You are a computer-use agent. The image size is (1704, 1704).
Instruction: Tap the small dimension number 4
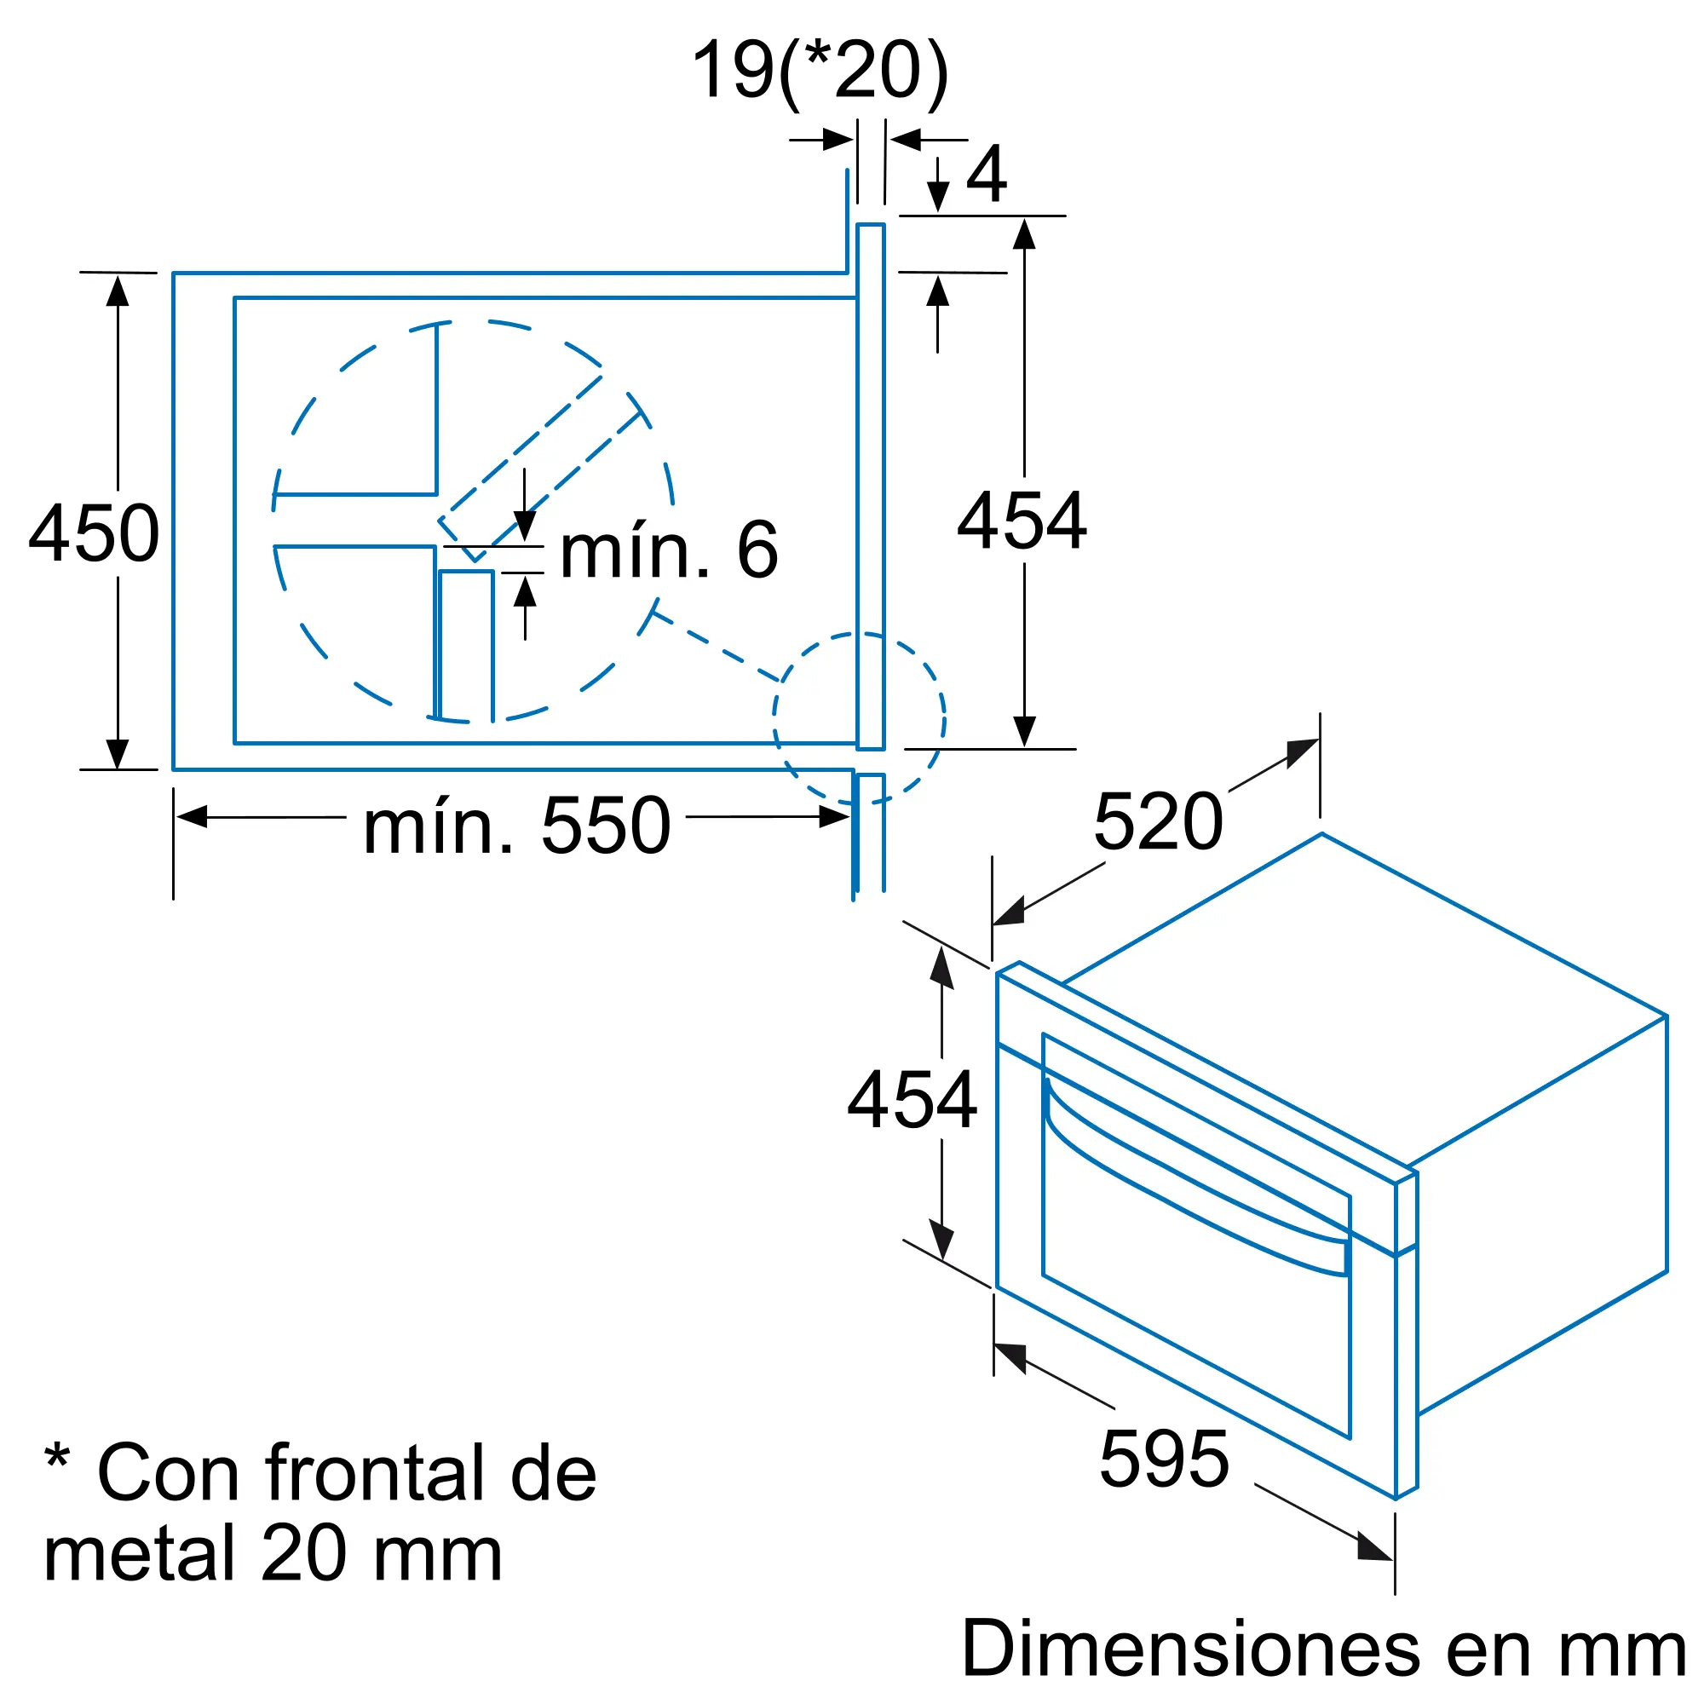(986, 174)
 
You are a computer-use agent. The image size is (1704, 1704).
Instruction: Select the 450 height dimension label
(94, 533)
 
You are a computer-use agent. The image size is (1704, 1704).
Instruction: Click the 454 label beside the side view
(1022, 521)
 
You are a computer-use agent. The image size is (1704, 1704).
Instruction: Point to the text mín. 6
(669, 551)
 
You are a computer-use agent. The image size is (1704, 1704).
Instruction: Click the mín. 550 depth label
(517, 826)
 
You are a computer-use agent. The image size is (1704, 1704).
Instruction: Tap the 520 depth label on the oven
(1158, 822)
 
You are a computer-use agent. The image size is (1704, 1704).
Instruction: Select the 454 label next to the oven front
(912, 1100)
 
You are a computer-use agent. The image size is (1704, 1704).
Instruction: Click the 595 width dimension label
(1164, 1459)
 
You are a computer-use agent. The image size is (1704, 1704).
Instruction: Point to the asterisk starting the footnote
(57, 1456)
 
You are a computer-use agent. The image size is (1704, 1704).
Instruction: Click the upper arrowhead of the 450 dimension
(118, 291)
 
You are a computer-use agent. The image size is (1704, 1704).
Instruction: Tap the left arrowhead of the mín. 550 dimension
(192, 817)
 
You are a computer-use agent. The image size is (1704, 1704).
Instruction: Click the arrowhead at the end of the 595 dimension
(1374, 1548)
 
